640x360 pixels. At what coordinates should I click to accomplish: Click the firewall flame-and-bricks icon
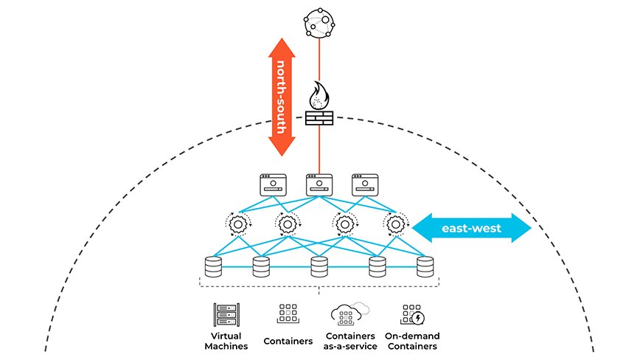[x=319, y=108]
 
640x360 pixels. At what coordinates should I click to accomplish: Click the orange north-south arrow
[x=281, y=97]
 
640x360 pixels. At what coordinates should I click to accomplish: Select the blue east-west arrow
[x=471, y=228]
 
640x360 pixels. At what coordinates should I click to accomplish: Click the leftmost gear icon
[x=237, y=223]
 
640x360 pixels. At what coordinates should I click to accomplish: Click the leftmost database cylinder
[x=213, y=266]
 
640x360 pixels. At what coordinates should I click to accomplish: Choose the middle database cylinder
[x=319, y=266]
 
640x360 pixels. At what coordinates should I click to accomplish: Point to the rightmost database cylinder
[x=425, y=266]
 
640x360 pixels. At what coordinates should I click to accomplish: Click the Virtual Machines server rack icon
[x=224, y=315]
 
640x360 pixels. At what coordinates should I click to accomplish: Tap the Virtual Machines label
[x=224, y=341]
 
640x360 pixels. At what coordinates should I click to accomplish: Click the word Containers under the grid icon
[x=288, y=341]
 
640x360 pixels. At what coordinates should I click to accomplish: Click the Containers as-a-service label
[x=349, y=341]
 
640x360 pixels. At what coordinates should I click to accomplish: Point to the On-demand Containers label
[x=411, y=341]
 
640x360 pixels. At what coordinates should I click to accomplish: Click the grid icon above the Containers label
[x=287, y=314]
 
